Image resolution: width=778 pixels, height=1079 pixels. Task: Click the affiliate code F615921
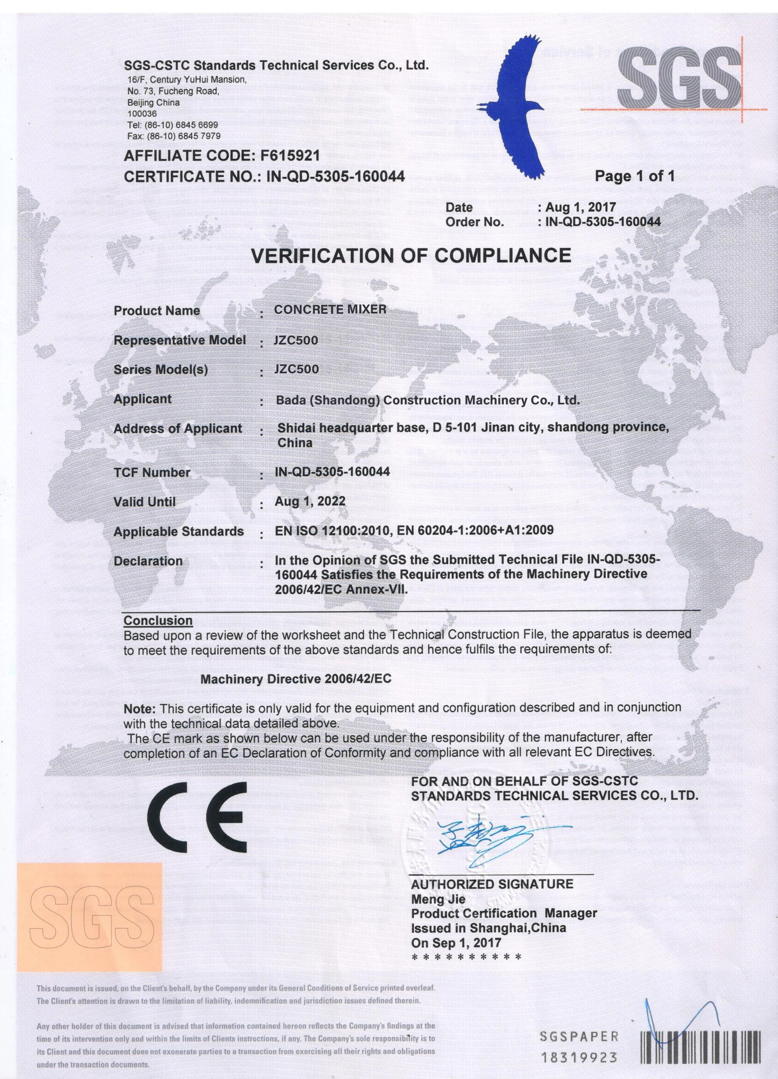pyautogui.click(x=291, y=156)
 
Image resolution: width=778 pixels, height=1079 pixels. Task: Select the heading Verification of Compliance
pyautogui.click(x=411, y=256)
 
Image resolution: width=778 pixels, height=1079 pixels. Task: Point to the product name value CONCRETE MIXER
pyautogui.click(x=330, y=309)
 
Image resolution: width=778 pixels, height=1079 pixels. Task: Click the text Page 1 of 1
pyautogui.click(x=635, y=177)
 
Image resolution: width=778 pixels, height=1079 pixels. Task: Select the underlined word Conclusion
pyautogui.click(x=158, y=621)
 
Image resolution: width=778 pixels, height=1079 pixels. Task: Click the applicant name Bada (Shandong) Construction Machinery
pyautogui.click(x=427, y=400)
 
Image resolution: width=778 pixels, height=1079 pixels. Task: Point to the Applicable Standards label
pyautogui.click(x=179, y=532)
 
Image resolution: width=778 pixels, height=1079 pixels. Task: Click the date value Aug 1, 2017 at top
pyautogui.click(x=580, y=207)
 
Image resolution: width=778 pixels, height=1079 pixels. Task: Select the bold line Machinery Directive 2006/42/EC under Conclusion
pyautogui.click(x=296, y=679)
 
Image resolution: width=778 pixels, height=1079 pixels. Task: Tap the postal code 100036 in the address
pyautogui.click(x=142, y=114)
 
